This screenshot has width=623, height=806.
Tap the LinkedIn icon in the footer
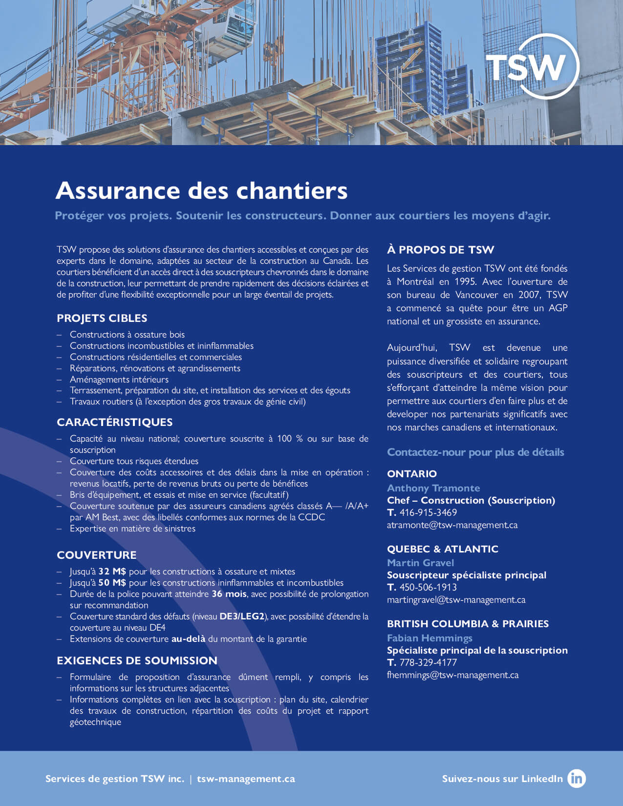[577, 778]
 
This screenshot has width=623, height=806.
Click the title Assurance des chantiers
[201, 191]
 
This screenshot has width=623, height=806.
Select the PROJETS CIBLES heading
[102, 318]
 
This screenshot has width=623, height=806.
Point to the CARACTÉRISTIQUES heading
[115, 422]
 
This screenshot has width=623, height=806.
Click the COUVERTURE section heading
[97, 555]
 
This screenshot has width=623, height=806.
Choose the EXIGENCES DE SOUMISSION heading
[137, 660]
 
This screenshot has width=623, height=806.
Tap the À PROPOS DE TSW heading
[440, 250]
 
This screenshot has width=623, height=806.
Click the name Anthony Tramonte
[433, 488]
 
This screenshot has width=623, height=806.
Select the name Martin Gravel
[420, 563]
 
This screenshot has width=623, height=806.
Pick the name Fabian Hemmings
[430, 638]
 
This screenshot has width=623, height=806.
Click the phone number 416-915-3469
[428, 512]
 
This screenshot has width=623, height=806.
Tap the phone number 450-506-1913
[428, 587]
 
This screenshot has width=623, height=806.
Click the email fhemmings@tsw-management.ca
[452, 675]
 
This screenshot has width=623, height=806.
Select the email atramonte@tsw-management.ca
[452, 525]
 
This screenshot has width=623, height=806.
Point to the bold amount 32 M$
[112, 572]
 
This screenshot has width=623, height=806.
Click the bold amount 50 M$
[112, 583]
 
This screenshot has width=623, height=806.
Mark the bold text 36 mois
[229, 594]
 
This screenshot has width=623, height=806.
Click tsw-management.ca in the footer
[246, 779]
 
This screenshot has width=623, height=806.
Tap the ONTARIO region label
[412, 474]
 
